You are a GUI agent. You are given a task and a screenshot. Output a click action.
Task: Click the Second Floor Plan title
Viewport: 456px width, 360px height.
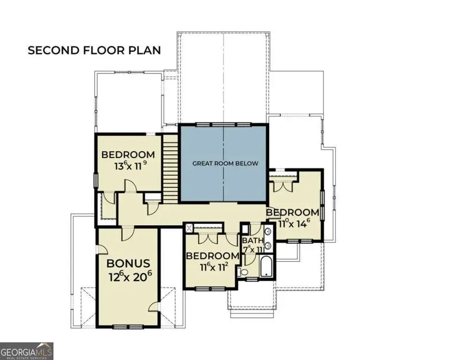pos(94,50)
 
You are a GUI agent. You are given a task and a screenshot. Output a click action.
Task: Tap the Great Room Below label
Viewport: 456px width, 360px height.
pos(225,164)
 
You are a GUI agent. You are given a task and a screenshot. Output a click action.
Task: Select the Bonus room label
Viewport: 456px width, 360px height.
pos(128,263)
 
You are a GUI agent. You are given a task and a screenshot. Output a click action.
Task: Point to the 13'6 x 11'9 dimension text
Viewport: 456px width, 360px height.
pos(130,166)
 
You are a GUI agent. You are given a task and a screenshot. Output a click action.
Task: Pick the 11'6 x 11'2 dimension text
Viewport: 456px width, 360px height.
pos(214,267)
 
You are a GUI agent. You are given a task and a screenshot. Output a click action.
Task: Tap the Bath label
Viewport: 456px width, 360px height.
pos(253,241)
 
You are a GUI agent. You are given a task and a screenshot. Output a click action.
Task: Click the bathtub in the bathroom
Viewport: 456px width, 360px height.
pos(266,266)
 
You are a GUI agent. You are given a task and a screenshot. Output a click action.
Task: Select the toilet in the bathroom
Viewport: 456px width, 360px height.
pos(243,272)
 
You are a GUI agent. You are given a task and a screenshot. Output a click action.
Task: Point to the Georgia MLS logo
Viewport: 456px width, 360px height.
pos(26,351)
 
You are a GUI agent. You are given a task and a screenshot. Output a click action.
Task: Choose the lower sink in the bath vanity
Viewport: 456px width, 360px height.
pos(268,245)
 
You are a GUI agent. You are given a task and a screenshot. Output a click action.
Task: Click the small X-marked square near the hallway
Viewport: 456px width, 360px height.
pos(189,227)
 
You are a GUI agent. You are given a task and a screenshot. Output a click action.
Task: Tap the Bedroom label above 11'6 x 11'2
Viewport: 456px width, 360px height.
pos(212,256)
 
